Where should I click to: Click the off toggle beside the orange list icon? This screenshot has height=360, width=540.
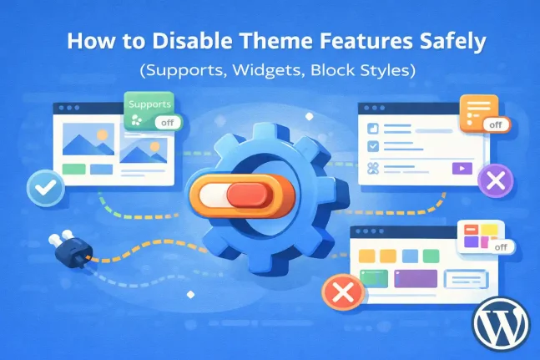(496, 125)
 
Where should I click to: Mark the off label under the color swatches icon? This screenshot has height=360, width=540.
(501, 247)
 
